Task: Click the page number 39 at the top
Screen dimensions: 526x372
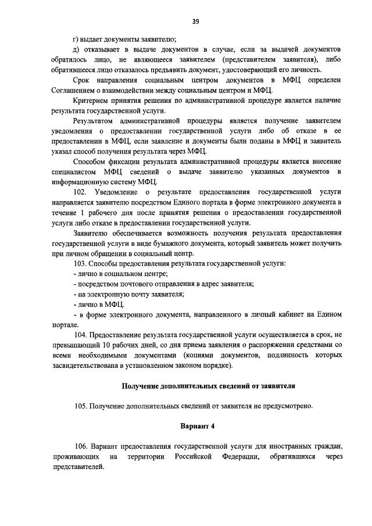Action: pyautogui.click(x=196, y=22)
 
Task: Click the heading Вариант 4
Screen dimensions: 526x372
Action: pyautogui.click(x=196, y=426)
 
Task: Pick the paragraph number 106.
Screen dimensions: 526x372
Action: pyautogui.click(x=81, y=446)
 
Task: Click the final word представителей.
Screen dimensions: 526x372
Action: pyautogui.click(x=78, y=467)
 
